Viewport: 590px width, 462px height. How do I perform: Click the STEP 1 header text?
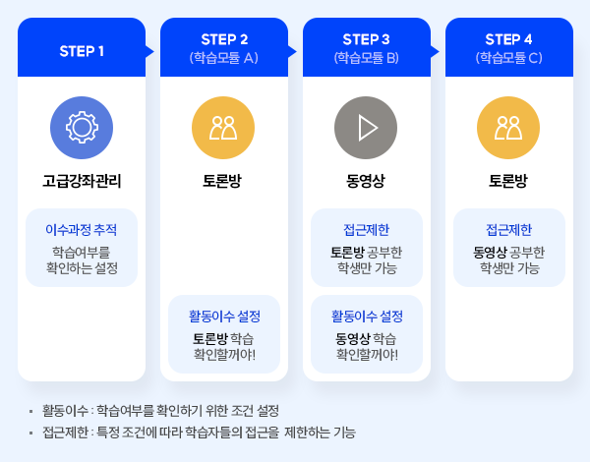click(x=82, y=51)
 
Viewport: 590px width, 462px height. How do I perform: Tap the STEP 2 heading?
click(x=224, y=39)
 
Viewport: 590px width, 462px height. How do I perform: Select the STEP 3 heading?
click(x=366, y=39)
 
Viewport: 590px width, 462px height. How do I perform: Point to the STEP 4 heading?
click(x=508, y=39)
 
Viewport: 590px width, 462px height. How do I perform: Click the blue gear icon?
click(x=82, y=128)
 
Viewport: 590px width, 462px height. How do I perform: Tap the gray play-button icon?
click(x=366, y=128)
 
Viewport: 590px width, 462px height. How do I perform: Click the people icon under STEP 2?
click(x=223, y=128)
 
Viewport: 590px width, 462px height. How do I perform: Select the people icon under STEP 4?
click(x=508, y=128)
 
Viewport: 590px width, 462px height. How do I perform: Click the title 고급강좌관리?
click(x=82, y=181)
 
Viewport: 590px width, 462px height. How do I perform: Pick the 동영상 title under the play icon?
click(x=366, y=181)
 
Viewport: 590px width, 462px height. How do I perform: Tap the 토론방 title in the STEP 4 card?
click(x=508, y=181)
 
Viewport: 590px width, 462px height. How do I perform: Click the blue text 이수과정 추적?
click(x=82, y=229)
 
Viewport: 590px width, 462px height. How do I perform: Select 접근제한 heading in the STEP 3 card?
click(x=367, y=229)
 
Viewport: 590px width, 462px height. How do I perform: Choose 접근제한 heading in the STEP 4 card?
click(x=509, y=229)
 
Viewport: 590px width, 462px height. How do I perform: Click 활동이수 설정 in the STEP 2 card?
click(x=224, y=316)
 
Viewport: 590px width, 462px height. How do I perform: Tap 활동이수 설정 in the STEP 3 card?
click(x=367, y=316)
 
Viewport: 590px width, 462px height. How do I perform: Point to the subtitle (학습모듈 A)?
click(x=224, y=58)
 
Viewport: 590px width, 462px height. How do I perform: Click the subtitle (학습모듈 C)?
click(x=508, y=58)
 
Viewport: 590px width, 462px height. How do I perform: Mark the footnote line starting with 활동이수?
click(x=160, y=411)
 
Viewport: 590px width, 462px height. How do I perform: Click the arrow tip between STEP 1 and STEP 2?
click(x=154, y=51)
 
